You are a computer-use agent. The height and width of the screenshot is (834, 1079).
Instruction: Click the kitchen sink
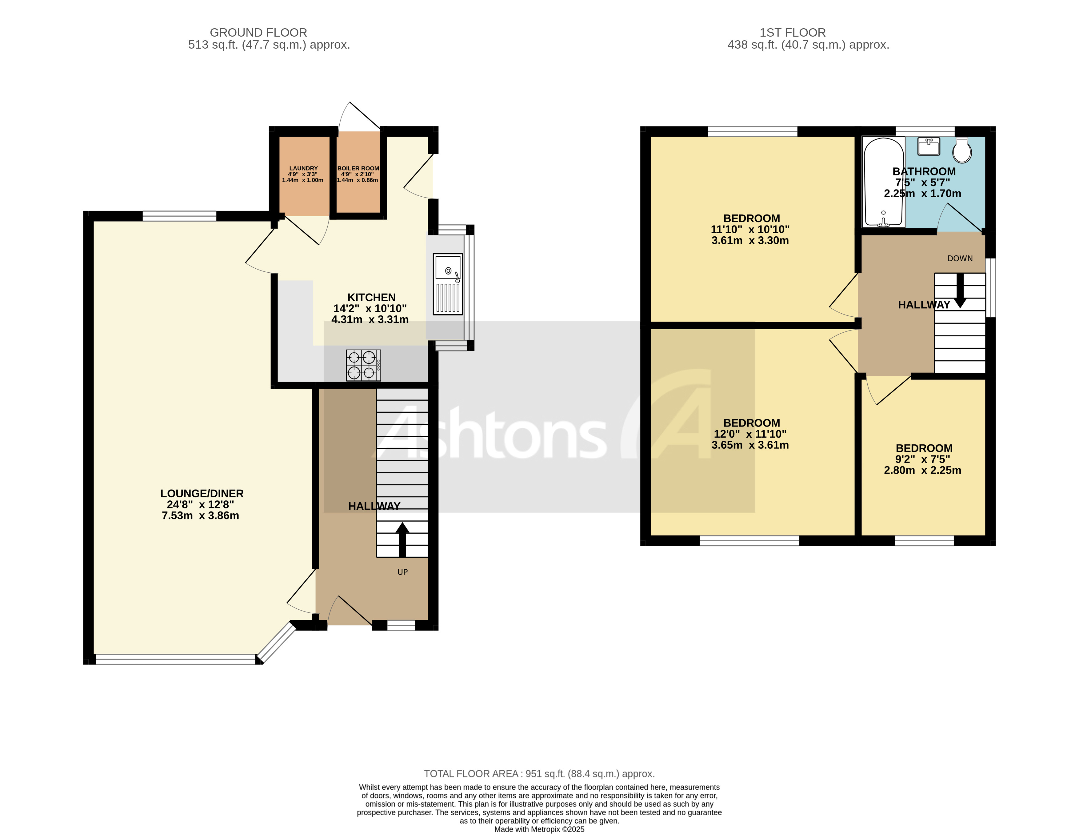point(448,284)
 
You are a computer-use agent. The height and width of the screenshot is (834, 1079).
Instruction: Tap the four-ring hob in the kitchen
point(363,365)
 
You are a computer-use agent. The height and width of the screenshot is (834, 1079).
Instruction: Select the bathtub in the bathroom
point(883,182)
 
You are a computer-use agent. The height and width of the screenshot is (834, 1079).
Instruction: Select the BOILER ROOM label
point(358,168)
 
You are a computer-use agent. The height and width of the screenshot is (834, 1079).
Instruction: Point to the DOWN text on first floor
point(959,259)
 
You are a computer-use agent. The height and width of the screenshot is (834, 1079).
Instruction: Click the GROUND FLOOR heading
point(258,33)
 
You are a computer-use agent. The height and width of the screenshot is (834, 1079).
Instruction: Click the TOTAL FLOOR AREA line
point(539,774)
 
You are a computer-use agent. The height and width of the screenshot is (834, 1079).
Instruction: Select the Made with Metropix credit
point(539,830)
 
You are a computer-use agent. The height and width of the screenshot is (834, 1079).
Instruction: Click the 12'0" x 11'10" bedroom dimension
point(750,434)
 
